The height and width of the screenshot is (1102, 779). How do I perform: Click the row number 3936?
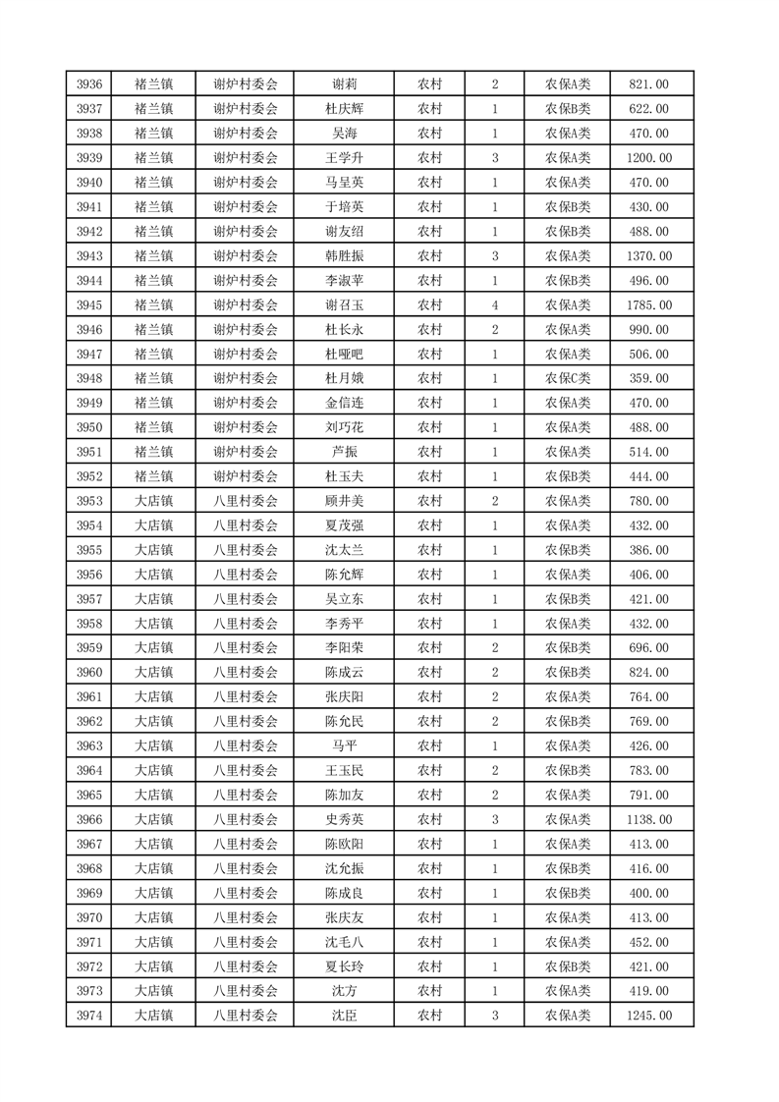tap(88, 84)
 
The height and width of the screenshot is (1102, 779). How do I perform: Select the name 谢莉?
tap(344, 84)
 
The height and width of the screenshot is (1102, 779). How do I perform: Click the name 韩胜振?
tap(344, 256)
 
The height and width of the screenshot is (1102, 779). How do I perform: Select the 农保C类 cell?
tap(567, 378)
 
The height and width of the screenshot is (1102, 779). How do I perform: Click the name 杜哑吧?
tap(344, 354)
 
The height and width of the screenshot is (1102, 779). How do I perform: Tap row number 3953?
tap(88, 501)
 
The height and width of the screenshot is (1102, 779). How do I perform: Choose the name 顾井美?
tap(344, 501)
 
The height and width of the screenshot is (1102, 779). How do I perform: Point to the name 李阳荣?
tap(344, 648)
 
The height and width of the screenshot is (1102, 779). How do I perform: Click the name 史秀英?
tap(344, 819)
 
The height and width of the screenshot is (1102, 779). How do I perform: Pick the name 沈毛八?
tap(344, 942)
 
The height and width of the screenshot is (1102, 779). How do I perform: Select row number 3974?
tap(88, 1016)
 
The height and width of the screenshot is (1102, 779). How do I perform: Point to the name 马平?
tap(344, 746)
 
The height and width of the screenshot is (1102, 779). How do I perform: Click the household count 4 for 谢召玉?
tap(494, 305)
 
